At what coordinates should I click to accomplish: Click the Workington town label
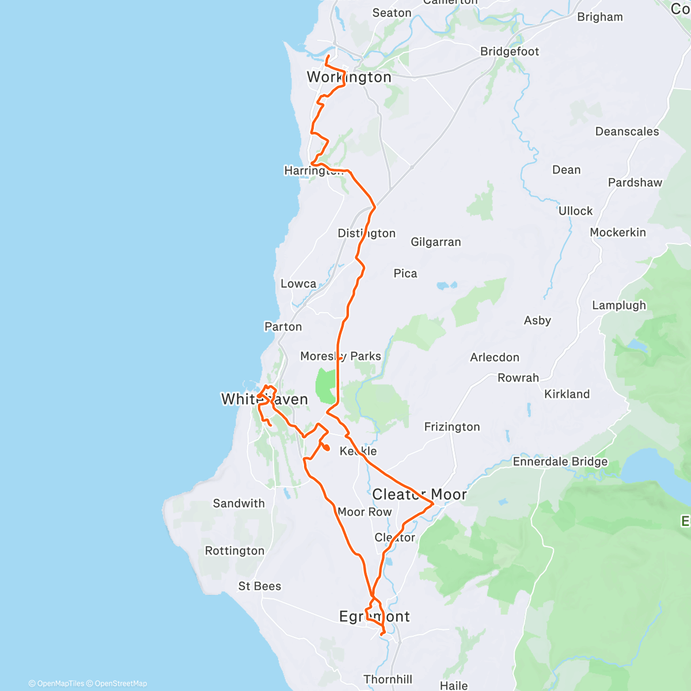349,77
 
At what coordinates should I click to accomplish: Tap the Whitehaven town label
264,399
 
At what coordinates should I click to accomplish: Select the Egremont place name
374,617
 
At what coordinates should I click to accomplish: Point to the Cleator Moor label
419,495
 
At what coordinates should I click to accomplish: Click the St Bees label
260,586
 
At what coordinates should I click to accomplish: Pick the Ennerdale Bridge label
560,462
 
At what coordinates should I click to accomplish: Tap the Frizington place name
452,427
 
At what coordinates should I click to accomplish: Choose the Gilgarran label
436,242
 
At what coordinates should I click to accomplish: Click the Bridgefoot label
510,52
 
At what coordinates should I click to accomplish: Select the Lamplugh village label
619,306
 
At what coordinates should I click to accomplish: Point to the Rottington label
235,551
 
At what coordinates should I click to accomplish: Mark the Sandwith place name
239,503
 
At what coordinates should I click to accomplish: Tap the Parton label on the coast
283,327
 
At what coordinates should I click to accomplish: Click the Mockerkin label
618,233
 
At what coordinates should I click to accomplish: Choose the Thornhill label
388,679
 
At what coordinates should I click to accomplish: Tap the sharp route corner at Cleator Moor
433,504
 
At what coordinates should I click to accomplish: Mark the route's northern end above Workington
328,56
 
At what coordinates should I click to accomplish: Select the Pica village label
405,274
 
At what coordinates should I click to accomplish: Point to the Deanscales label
627,132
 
